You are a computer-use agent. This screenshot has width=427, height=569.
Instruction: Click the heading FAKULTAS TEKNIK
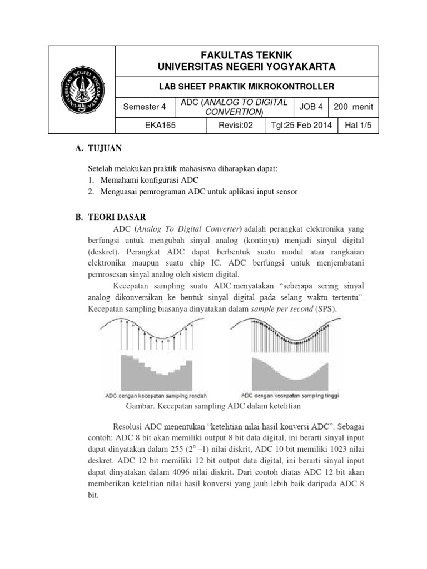pyautogui.click(x=246, y=54)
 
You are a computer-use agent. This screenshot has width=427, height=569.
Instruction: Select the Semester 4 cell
pyautogui.click(x=144, y=107)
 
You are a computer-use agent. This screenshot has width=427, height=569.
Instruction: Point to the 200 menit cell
pyautogui.click(x=353, y=107)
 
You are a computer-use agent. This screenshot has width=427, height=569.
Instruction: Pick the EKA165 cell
pyautogui.click(x=160, y=126)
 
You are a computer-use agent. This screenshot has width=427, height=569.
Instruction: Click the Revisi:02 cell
pyautogui.click(x=236, y=126)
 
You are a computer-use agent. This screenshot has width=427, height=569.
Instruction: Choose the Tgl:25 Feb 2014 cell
pyautogui.click(x=301, y=126)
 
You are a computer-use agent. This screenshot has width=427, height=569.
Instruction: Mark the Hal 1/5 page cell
pyautogui.click(x=358, y=126)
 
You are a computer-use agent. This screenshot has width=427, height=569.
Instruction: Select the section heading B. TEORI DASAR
pyautogui.click(x=110, y=217)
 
